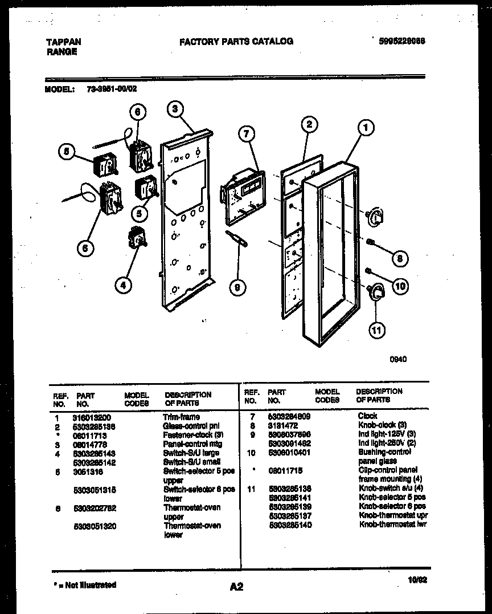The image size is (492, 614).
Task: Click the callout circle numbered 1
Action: pos(364,128)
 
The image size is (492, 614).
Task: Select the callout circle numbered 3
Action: pos(177,108)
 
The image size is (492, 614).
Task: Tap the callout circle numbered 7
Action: pos(246,135)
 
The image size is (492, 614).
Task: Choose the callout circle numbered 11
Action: pos(377,329)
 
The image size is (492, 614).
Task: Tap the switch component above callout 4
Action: pos(137,238)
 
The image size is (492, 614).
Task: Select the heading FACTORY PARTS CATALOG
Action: pos(236,41)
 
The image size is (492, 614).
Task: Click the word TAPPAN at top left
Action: pos(63,42)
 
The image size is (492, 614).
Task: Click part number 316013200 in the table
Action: pos(92,417)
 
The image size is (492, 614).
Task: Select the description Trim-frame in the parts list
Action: pos(181,417)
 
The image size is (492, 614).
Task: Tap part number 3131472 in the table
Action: pos(281,425)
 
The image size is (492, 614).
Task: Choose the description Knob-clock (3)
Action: pos(382,425)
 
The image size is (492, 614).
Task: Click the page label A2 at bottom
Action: pos(236,587)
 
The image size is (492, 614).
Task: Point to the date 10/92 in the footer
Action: pos(417,580)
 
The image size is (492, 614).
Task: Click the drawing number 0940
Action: pos(398,360)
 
